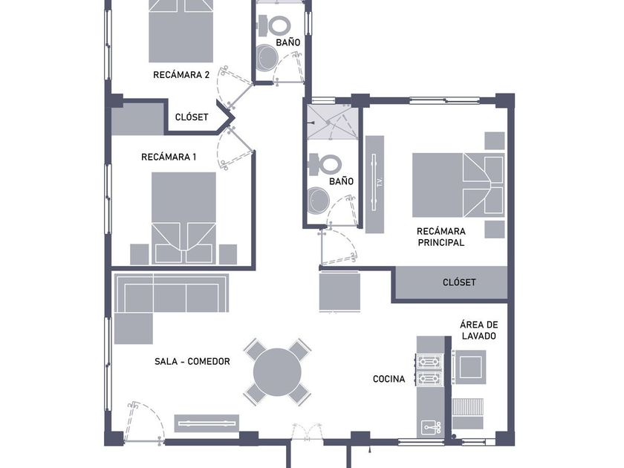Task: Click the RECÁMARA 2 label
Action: click(181, 75)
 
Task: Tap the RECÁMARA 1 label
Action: click(169, 157)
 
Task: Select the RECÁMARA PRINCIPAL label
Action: click(441, 237)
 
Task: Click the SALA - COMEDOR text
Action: click(192, 361)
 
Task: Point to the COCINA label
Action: click(389, 379)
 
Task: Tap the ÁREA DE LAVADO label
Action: click(478, 331)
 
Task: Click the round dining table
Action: click(277, 372)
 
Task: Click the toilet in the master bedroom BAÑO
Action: click(325, 164)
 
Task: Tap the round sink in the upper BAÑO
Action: click(266, 58)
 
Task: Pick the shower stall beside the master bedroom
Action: click(333, 122)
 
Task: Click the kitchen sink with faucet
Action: click(431, 427)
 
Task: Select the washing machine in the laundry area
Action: click(471, 367)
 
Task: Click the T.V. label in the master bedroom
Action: click(380, 182)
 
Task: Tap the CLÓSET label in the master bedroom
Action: click(459, 282)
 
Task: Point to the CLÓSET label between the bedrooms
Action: click(192, 117)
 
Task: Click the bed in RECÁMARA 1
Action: click(183, 218)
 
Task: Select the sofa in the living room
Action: click(171, 293)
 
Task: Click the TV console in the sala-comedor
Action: click(207, 423)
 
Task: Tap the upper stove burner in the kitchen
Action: click(429, 361)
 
